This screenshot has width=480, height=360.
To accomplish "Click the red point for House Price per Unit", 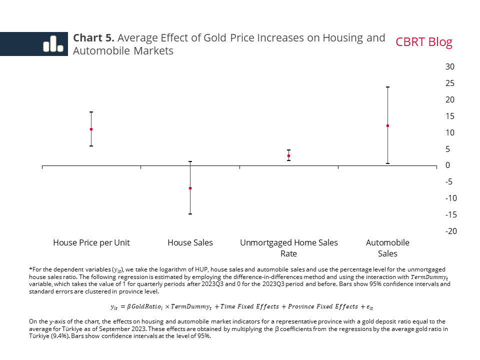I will coord(91,129).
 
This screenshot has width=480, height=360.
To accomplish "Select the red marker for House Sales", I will coord(190,188).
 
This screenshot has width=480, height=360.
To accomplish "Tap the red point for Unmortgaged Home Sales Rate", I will coord(288,156).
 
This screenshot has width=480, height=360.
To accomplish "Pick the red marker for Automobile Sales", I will coord(387,125).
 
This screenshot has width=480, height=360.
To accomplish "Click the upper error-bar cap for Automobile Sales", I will coord(387,87).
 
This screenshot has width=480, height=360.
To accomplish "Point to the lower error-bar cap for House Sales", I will coord(190,214).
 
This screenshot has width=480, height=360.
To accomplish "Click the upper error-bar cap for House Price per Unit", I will coord(91,112).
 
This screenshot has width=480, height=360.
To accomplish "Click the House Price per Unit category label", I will coord(91,242).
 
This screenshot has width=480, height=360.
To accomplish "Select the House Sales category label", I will coord(190,242).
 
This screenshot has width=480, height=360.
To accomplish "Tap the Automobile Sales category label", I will coord(387,248).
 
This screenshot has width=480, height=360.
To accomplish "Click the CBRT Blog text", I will coord(423,42).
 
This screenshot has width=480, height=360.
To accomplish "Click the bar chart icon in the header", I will coord(52,44).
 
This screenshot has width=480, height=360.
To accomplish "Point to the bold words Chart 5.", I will coord(94,38).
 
